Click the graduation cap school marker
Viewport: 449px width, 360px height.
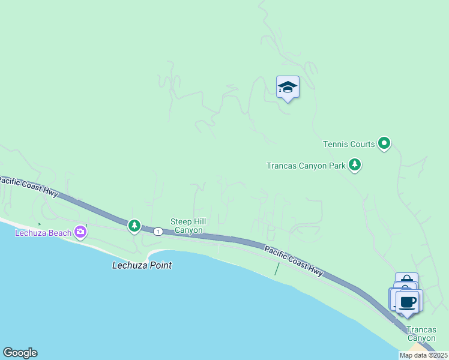click(288, 88)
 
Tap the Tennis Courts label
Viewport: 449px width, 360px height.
click(349, 144)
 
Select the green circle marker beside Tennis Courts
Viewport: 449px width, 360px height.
click(384, 143)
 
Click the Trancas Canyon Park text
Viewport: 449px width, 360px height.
click(306, 166)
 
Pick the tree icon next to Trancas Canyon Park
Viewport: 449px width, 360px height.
click(355, 165)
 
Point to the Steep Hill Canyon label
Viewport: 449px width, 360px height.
click(188, 226)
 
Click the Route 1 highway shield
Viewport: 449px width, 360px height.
click(157, 231)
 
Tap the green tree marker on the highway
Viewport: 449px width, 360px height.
click(134, 226)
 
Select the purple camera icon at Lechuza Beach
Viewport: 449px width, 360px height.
click(80, 232)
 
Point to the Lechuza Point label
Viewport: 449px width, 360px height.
click(142, 265)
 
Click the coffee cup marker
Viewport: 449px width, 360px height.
click(408, 301)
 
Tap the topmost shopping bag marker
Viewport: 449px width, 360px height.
click(406, 280)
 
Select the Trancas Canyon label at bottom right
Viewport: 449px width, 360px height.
click(421, 334)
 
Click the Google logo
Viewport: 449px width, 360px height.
click(20, 353)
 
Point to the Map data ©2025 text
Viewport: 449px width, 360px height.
click(423, 355)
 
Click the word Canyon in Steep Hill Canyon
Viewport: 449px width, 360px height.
click(188, 230)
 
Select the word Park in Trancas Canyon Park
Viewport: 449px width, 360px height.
click(336, 166)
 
